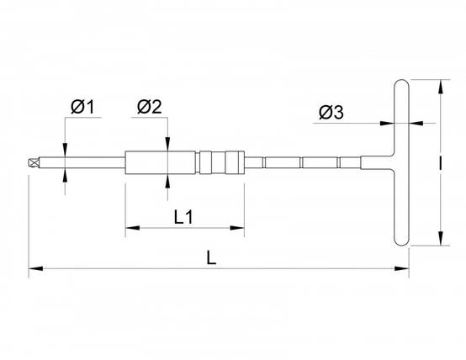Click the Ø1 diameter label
82,107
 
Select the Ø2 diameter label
150,107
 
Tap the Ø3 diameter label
331,113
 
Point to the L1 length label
183,217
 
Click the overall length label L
211,257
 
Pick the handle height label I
440,162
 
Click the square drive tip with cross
34,163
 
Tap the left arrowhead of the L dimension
35,268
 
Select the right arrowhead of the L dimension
401,268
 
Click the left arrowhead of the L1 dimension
133,228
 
